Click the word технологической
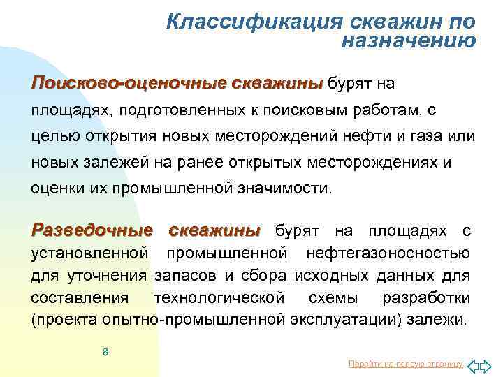click(219, 298)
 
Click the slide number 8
click(105, 352)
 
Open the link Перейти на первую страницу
click(406, 364)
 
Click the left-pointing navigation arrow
click(472, 364)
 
